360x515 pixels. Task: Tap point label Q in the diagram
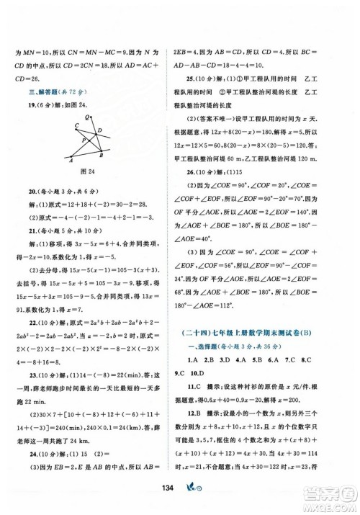coord(86,117)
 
